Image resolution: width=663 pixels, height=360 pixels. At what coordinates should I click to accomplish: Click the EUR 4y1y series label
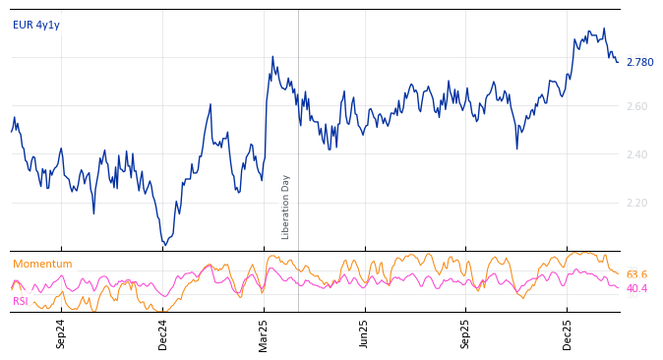[36, 26]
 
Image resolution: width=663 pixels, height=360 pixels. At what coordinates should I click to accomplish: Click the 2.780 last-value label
[639, 63]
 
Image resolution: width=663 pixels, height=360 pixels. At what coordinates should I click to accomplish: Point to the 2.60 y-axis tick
[637, 107]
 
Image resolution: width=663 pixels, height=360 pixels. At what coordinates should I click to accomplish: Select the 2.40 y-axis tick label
[637, 155]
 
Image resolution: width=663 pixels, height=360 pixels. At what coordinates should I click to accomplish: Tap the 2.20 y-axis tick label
[637, 204]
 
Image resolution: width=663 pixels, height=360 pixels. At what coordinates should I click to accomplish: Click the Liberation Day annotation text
[286, 207]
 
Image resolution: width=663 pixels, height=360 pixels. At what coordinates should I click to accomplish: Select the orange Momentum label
[42, 265]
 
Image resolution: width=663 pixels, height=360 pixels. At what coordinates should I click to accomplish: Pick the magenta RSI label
[21, 302]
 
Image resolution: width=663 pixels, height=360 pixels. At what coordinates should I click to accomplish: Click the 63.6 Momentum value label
[636, 275]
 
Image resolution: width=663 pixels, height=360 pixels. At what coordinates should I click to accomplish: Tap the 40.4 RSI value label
[636, 289]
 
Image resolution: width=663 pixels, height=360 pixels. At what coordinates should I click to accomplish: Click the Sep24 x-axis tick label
[61, 333]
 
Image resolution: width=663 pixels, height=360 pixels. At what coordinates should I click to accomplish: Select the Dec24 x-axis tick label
[163, 333]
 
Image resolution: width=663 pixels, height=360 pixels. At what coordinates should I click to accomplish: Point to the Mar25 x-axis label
[264, 333]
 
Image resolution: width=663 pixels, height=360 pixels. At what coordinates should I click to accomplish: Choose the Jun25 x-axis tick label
[365, 333]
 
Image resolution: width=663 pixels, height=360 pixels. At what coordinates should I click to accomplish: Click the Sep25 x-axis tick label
[466, 333]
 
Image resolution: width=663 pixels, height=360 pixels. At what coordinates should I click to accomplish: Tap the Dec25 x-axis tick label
[568, 333]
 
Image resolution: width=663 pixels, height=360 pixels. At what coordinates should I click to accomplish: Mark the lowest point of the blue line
[164, 244]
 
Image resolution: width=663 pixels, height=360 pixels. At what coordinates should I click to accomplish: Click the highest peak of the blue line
[604, 29]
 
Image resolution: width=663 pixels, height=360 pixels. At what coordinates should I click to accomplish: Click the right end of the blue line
[618, 62]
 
